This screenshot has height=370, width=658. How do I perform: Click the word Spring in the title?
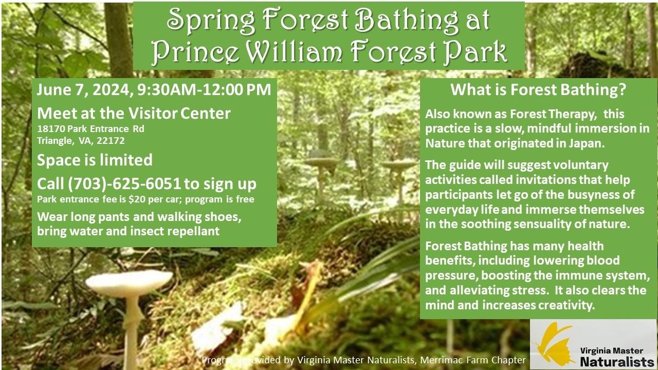pyautogui.click(x=211, y=21)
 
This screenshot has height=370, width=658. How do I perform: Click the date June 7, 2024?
pyautogui.click(x=83, y=90)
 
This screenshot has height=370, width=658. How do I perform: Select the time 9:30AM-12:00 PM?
pyautogui.click(x=204, y=89)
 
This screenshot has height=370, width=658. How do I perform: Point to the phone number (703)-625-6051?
pyautogui.click(x=124, y=184)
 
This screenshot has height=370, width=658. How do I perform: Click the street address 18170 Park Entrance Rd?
pyautogui.click(x=90, y=128)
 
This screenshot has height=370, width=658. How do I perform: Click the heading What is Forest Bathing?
pyautogui.click(x=539, y=89)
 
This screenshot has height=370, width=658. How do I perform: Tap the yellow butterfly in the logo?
pyautogui.click(x=554, y=345)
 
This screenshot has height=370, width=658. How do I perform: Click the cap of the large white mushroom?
pyautogui.click(x=129, y=283)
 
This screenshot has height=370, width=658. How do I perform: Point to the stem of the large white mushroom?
pyautogui.click(x=131, y=332)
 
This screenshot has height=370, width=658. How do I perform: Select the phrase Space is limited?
pyautogui.click(x=95, y=160)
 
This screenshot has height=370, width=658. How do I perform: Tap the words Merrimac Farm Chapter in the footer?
pyautogui.click(x=473, y=360)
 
